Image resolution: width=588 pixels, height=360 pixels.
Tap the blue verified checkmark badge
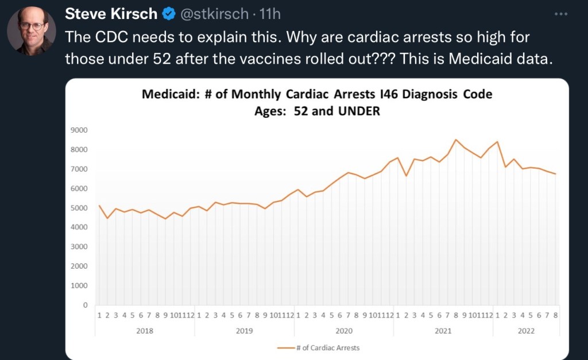(x=169, y=13)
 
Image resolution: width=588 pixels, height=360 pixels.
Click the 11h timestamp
(x=269, y=13)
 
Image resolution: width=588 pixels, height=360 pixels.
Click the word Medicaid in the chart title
(x=170, y=94)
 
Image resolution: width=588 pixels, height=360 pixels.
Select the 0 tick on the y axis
(x=85, y=305)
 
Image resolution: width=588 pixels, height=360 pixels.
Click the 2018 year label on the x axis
(x=145, y=331)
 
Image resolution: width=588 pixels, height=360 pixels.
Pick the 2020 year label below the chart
(x=343, y=331)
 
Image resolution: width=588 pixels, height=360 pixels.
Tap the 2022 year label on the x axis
(x=525, y=331)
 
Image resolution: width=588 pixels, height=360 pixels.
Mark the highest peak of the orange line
(x=456, y=140)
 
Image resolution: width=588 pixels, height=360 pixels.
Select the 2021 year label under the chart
(x=443, y=331)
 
